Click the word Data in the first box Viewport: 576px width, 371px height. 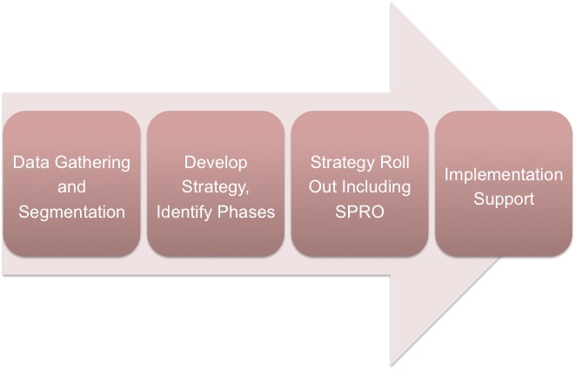tap(30, 162)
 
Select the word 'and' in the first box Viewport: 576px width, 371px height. tap(71, 186)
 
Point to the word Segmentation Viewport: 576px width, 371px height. tap(71, 212)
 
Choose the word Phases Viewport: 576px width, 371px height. tap(245, 212)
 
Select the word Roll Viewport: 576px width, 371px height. tap(395, 162)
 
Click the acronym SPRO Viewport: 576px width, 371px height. tap(359, 212)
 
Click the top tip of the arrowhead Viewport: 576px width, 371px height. tap(391, 3)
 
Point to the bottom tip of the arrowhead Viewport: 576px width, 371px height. tap(391, 367)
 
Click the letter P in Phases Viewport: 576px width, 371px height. tap(222, 212)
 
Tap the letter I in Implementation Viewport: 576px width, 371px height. tap(446, 174)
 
